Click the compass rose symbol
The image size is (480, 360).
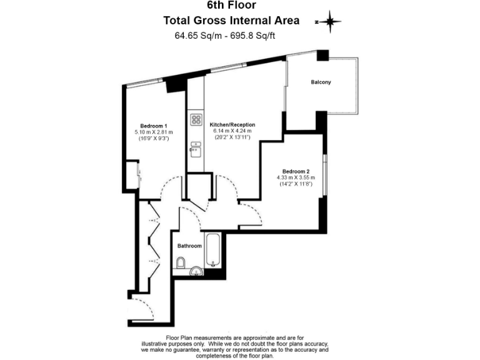[330, 22]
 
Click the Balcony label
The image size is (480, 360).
[321, 82]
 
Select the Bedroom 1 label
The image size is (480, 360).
[153, 126]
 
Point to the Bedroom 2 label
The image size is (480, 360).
[296, 171]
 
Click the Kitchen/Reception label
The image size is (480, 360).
[232, 124]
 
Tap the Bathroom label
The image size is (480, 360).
[189, 246]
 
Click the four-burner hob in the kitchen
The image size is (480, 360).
[196, 119]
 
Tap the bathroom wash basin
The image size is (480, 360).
[197, 271]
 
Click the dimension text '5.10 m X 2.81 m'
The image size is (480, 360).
[154, 132]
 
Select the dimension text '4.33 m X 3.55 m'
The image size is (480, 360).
[296, 178]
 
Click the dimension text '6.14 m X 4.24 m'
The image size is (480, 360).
[232, 131]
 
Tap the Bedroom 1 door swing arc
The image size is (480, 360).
[169, 189]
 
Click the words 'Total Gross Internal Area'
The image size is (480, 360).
[231, 20]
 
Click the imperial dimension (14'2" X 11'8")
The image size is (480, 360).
[296, 184]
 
